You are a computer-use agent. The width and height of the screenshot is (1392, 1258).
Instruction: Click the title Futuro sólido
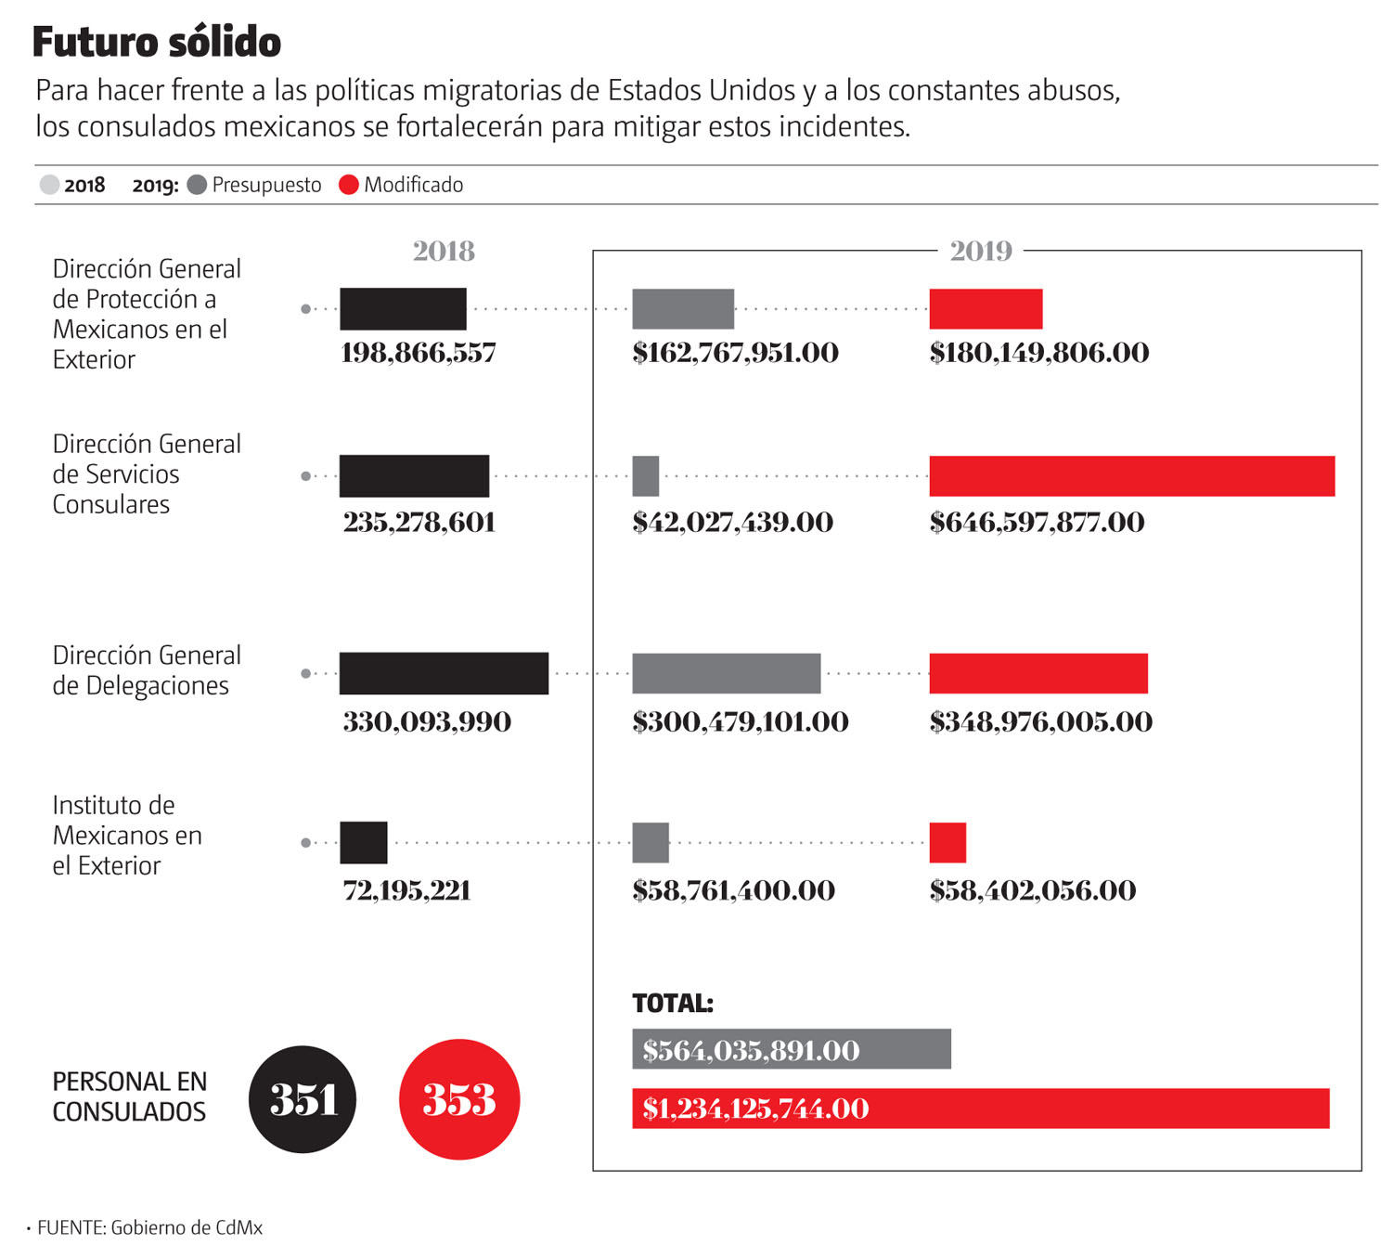pos(157,43)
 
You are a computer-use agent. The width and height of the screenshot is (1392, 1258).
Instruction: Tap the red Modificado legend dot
pos(349,185)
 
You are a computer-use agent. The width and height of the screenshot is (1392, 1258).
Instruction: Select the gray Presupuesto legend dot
pos(197,185)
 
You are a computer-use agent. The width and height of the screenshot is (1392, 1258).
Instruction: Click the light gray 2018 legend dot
pos(49,185)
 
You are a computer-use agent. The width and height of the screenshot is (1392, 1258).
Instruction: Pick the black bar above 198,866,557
pos(403,309)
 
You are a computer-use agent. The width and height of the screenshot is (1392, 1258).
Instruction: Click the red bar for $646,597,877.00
pos(1131,476)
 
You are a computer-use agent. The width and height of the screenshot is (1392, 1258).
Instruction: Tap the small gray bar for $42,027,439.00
pos(645,476)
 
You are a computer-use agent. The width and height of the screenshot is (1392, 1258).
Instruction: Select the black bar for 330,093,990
pos(444,673)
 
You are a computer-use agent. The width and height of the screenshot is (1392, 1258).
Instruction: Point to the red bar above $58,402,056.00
pos(947,843)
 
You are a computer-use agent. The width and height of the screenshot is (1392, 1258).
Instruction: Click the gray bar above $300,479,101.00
pos(726,673)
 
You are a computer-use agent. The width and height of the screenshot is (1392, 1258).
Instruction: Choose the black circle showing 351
pos(303,1099)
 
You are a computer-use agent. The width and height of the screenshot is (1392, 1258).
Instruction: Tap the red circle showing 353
pos(459,1099)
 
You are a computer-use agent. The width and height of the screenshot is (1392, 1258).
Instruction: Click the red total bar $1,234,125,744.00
pos(980,1109)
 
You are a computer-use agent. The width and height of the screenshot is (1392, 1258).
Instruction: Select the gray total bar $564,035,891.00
pos(791,1049)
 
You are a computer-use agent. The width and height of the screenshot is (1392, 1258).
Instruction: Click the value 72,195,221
pos(406,890)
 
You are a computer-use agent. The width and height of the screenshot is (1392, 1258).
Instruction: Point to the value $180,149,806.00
pos(1038,353)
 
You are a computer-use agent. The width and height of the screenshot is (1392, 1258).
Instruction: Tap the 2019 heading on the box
pos(980,251)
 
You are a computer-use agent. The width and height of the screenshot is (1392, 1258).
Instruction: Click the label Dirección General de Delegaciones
pos(146,670)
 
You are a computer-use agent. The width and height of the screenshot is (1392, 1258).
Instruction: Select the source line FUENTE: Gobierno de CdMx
pos(149,1227)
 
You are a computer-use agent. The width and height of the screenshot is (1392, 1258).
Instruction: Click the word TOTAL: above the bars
pos(672,1003)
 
